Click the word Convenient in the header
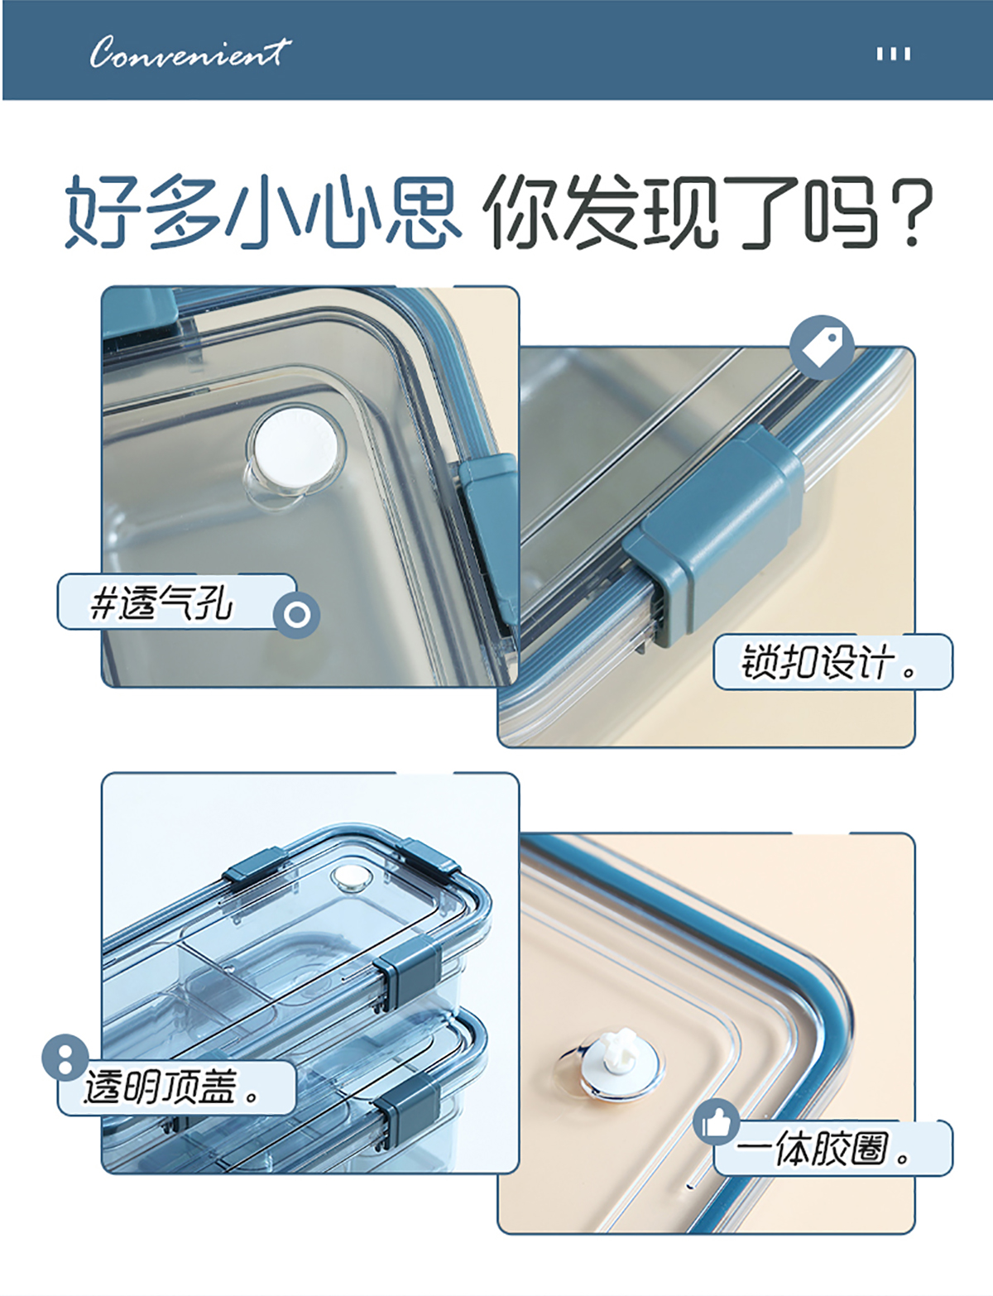point(189,52)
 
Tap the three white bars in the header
point(893,55)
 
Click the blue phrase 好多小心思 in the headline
point(262,212)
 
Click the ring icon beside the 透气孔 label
point(296,615)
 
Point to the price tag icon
point(821,347)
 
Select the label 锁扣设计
point(829,662)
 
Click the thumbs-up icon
point(717,1122)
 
